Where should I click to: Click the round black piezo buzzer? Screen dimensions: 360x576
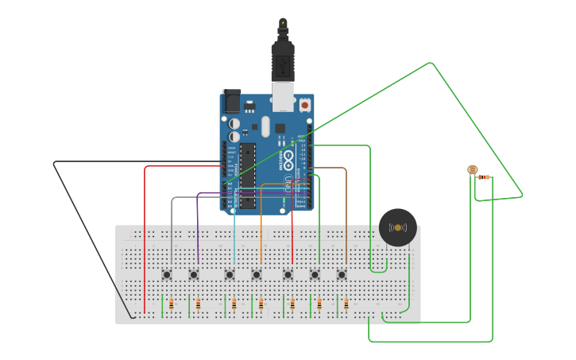coord(397,228)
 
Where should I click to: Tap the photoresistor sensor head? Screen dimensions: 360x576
coord(472,169)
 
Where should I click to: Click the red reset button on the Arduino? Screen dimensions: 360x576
coord(304,104)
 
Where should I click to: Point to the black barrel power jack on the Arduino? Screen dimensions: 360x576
coord(230,101)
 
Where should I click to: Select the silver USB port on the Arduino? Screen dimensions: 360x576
coord(283,95)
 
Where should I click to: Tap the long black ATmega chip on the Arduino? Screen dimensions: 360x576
coord(247,175)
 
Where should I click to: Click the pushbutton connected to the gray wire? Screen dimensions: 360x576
coord(168,275)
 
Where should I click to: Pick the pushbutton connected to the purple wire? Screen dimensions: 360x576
coord(194,275)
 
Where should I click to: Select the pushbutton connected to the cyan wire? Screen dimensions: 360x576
coord(230,275)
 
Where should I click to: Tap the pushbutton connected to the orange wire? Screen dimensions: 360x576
coord(257,275)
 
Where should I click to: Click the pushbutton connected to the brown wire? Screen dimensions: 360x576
coord(342,275)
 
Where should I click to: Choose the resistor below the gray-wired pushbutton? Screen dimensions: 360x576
coord(172,304)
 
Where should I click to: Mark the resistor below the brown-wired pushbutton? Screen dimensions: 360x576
coord(346,304)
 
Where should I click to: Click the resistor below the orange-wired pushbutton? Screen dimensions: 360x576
coord(261,304)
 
